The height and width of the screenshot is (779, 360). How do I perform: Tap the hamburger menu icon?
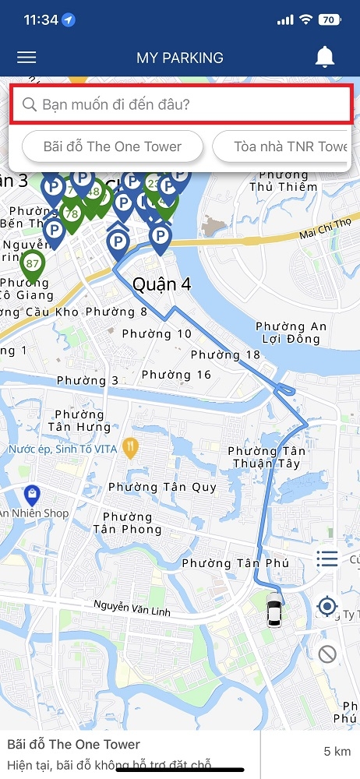(x=26, y=58)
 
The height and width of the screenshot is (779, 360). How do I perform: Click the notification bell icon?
(x=325, y=57)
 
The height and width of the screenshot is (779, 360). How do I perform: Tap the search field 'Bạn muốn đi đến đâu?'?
(x=180, y=104)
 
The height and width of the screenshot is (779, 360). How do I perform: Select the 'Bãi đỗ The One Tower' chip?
(x=112, y=146)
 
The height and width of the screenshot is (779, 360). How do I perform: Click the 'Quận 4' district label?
(x=161, y=284)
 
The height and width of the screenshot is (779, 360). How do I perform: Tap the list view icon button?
(x=327, y=559)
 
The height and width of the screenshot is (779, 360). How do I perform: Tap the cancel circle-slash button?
(x=327, y=654)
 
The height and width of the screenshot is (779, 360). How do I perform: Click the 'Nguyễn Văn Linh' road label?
(x=131, y=605)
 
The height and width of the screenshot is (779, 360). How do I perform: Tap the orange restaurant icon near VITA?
(x=131, y=448)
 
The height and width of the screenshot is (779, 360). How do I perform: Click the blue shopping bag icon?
(x=31, y=494)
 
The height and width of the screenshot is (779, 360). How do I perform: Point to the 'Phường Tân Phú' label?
(x=235, y=563)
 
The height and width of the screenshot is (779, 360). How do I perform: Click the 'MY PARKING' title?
(x=180, y=58)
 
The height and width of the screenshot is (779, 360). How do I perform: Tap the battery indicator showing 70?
(x=328, y=19)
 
